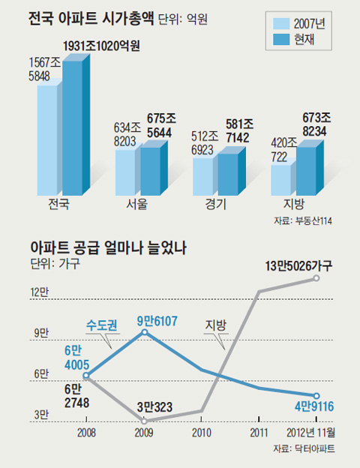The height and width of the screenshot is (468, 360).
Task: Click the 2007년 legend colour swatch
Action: tap(281, 23)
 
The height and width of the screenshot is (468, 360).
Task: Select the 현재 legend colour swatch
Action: tap(281, 40)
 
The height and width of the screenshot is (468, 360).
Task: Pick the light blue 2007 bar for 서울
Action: tap(126, 172)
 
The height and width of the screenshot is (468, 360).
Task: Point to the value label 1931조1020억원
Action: tap(101, 46)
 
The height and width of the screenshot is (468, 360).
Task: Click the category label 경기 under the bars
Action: tap(215, 204)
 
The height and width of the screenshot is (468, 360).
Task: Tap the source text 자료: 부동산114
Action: tap(303, 220)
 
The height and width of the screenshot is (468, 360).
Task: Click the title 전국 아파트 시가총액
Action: tap(91, 19)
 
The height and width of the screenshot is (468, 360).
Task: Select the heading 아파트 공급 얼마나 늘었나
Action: tap(109, 247)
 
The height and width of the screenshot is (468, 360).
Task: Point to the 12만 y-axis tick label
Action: tap(40, 292)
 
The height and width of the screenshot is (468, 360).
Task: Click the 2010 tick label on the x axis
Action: tap(202, 433)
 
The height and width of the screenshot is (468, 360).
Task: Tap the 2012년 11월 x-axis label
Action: tap(310, 433)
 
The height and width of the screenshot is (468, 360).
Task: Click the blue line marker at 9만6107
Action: tap(145, 332)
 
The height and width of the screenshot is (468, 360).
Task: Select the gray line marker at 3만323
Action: tap(144, 421)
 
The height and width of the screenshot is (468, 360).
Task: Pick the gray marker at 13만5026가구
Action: tap(316, 278)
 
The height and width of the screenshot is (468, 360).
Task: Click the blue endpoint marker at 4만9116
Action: tap(316, 396)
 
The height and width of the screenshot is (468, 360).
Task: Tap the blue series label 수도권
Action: tap(101, 325)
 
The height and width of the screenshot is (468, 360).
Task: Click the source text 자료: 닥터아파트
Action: tap(304, 448)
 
